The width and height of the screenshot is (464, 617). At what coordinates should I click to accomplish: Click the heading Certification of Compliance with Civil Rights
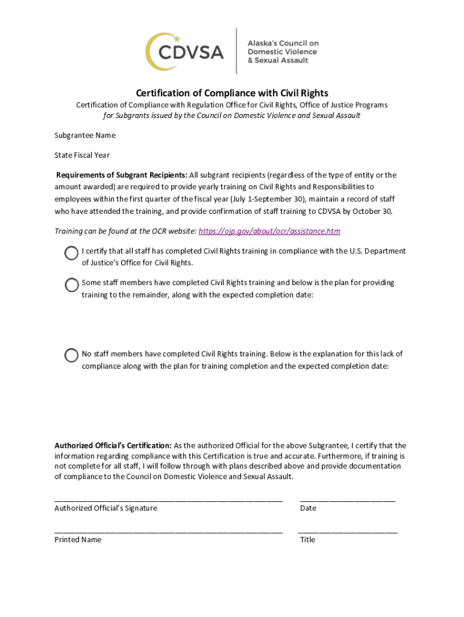pos(232,93)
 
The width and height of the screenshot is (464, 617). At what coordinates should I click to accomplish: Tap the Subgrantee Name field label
pos(85,135)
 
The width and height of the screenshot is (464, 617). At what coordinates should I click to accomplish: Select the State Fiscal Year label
pos(82,155)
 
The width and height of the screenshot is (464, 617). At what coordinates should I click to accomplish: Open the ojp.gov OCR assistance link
pos(269,231)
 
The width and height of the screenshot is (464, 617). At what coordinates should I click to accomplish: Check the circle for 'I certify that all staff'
pos(72,253)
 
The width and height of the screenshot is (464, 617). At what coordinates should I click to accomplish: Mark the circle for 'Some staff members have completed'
pos(72,285)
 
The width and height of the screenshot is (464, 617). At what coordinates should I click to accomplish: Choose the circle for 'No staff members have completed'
pos(72,355)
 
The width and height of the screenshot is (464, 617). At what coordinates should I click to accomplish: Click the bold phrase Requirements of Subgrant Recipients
pos(122,175)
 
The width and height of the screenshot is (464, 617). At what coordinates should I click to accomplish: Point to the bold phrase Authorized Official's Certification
pos(113,445)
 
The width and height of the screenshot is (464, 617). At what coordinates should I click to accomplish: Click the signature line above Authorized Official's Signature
pos(168,500)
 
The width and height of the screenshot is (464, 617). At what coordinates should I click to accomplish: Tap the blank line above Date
pos(348,500)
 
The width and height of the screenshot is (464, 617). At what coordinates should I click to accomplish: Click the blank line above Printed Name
pos(168,531)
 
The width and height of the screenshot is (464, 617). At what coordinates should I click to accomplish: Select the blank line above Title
pos(348,531)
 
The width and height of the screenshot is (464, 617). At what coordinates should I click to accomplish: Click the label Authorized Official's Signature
pos(105,508)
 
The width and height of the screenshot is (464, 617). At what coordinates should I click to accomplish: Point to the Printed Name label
pos(78,539)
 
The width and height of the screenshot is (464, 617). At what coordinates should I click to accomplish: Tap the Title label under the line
pos(307,539)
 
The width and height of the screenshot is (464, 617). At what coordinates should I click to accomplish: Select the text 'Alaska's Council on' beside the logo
pos(283,43)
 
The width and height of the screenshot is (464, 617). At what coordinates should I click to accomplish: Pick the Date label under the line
pos(308,508)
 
